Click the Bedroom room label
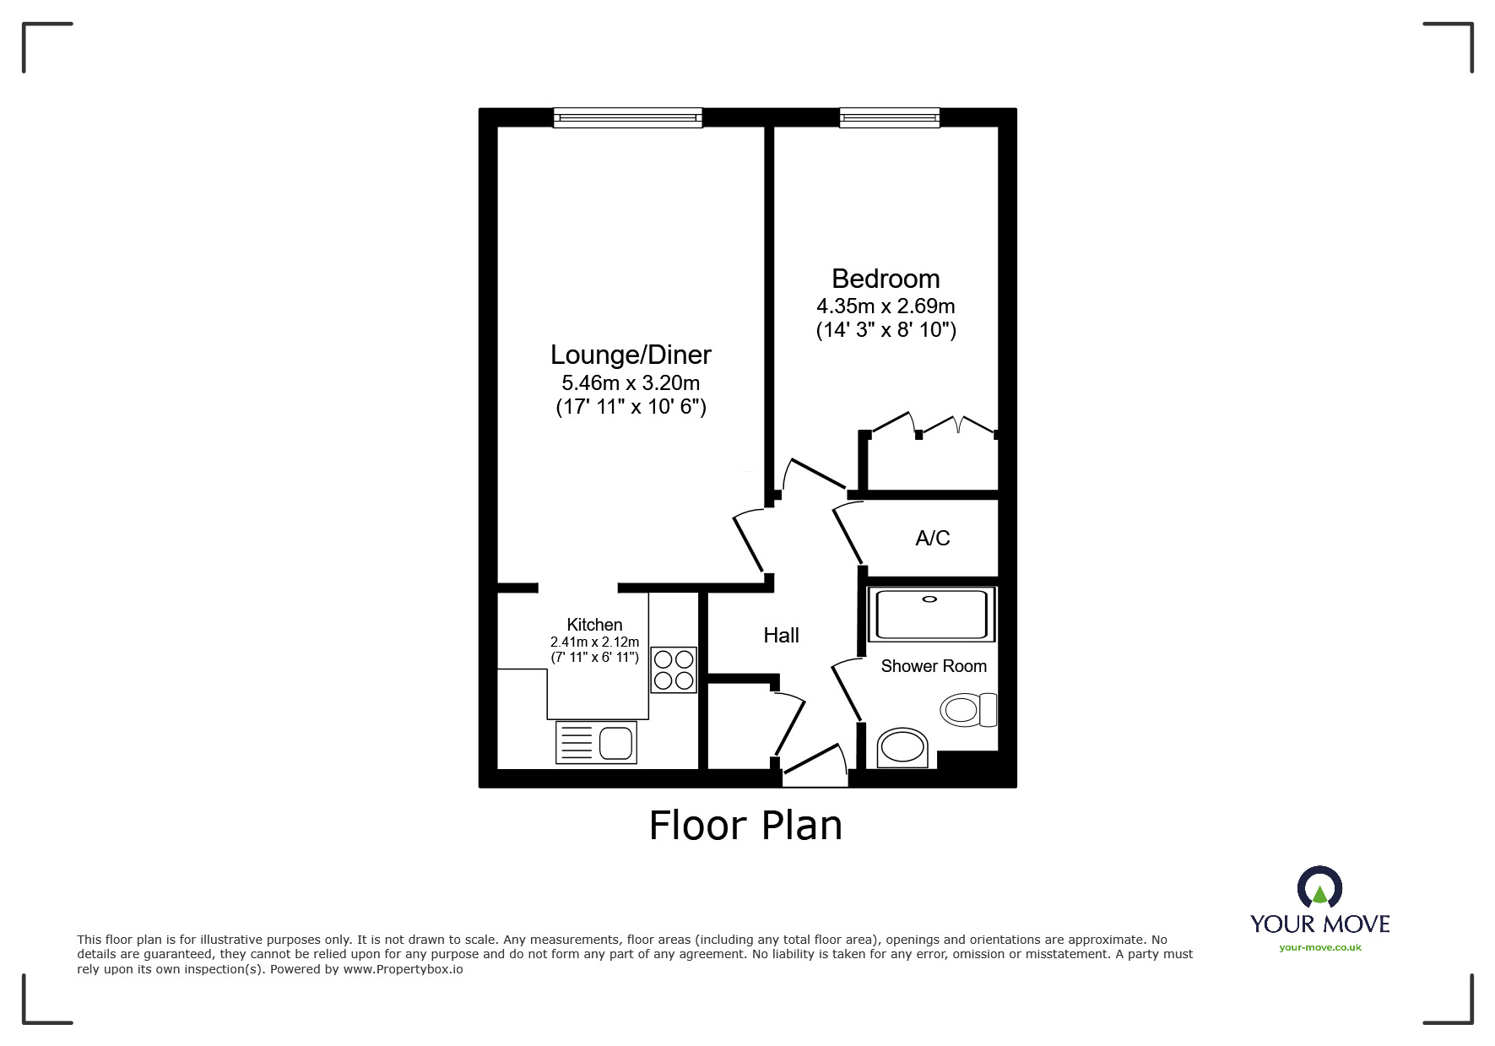886,279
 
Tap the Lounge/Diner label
631,355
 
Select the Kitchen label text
594,625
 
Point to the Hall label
781,636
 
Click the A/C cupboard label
933,538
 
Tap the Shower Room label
934,666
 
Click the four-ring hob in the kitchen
674,669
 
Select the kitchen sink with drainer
596,743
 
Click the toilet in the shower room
969,709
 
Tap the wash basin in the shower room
902,748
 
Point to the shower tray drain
930,599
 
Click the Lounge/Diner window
628,117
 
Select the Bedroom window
890,117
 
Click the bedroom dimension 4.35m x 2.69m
886,306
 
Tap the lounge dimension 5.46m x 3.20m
631,382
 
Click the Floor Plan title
745,825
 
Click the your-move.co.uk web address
1320,947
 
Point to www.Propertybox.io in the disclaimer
403,969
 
